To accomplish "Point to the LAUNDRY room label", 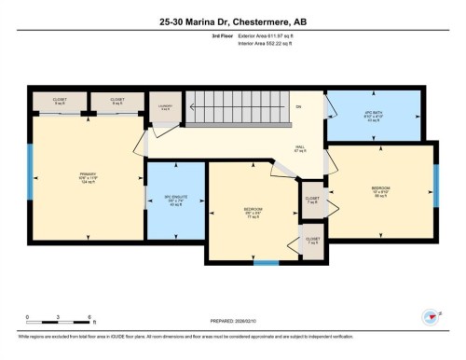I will [164, 108].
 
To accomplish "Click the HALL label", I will [300, 147].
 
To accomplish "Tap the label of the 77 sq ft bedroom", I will [252, 210].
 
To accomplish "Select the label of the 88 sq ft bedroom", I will [380, 190].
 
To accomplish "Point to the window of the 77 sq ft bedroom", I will [267, 262].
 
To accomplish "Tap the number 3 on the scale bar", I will [58, 317].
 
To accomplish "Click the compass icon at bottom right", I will [430, 317].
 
